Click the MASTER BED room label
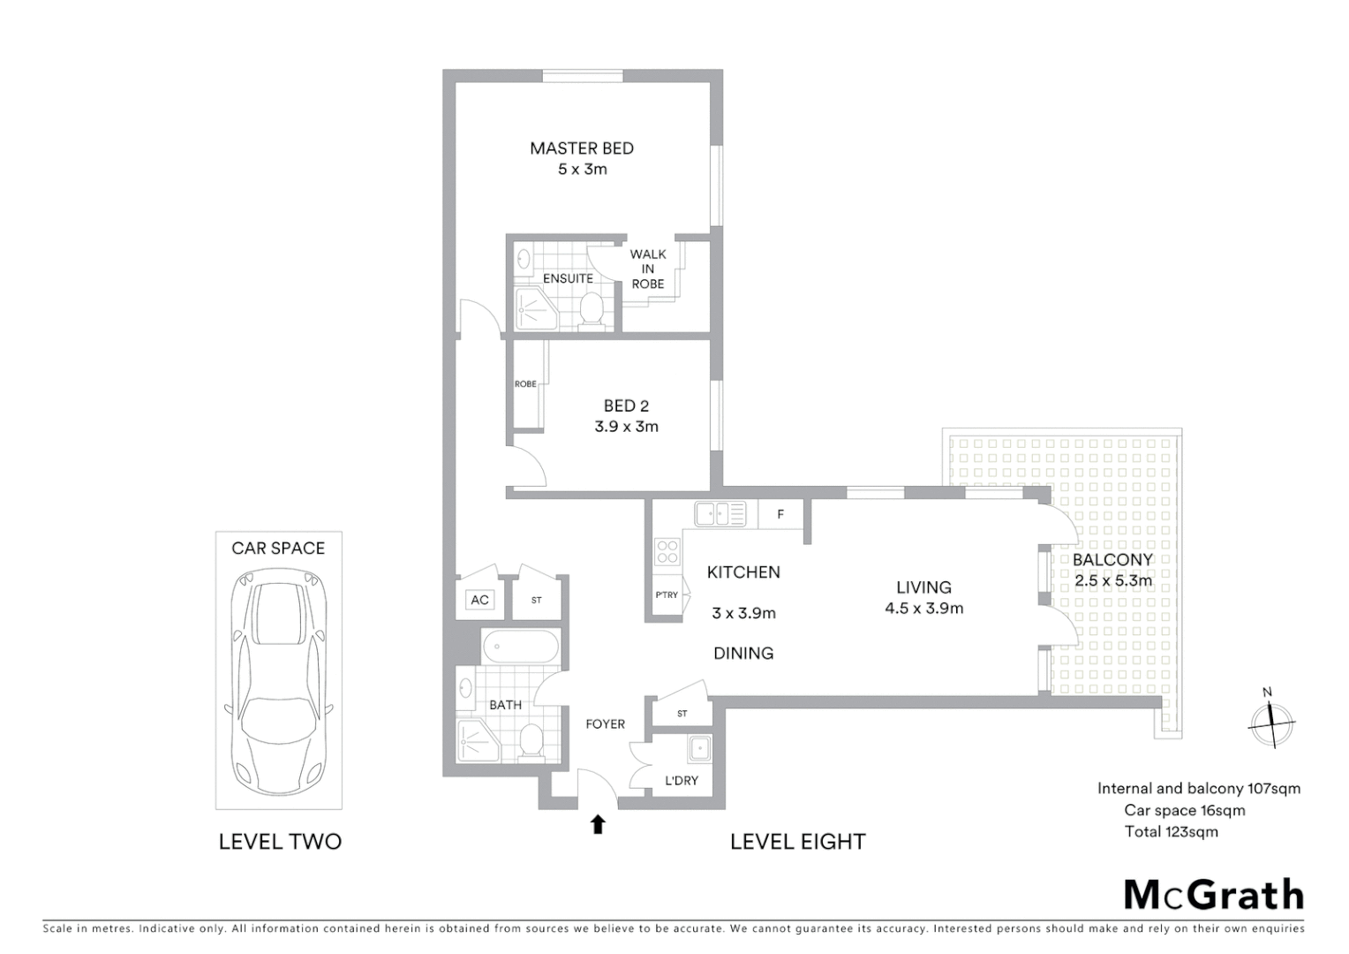click(582, 148)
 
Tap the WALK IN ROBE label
click(648, 269)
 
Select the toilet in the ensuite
click(591, 309)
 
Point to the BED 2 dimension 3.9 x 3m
click(626, 427)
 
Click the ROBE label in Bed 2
click(525, 384)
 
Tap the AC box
click(479, 601)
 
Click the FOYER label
click(605, 724)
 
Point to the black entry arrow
click(598, 824)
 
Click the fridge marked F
click(780, 514)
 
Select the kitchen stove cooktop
click(667, 552)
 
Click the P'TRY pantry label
click(667, 595)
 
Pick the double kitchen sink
click(720, 513)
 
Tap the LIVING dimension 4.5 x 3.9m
click(923, 609)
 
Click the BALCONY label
click(1112, 560)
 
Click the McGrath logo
click(1213, 895)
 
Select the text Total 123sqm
click(1171, 831)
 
